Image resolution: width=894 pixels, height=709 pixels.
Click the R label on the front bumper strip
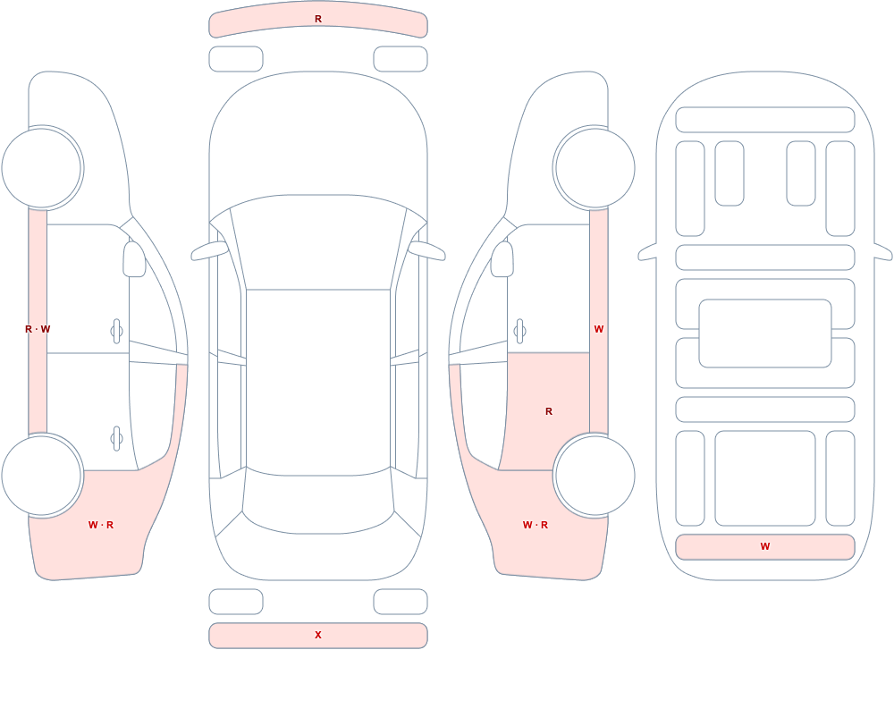[318, 19]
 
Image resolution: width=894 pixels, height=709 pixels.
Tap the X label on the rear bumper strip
[318, 635]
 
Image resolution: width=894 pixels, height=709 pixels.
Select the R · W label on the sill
[38, 329]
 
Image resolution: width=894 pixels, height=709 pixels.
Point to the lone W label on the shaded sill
[599, 329]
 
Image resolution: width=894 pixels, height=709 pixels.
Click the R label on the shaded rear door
[549, 411]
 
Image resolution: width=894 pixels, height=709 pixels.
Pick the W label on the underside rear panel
[765, 546]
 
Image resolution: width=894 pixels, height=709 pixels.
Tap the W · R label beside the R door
[536, 525]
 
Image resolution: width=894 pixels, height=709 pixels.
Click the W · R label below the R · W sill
[101, 525]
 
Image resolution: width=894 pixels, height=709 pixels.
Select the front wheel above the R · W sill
[42, 168]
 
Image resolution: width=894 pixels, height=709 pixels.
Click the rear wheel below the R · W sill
[42, 475]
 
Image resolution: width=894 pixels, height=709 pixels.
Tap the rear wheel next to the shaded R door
[595, 475]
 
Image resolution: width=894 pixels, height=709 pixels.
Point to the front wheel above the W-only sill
[595, 168]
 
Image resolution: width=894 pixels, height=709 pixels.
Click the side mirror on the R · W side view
[134, 259]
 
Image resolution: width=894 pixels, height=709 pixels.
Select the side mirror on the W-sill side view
[502, 259]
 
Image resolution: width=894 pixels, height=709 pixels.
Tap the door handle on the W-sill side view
[519, 332]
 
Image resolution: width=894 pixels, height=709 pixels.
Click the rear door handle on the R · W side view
[117, 439]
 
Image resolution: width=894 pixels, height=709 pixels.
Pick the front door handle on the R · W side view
[117, 332]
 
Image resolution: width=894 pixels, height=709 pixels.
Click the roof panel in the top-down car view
[318, 381]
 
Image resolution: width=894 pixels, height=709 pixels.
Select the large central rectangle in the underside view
[765, 333]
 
